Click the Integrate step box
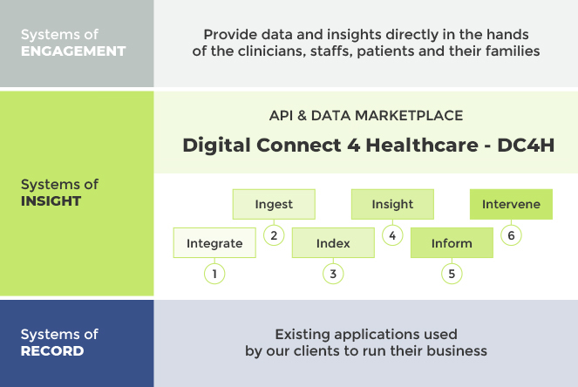point(214,243)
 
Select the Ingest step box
point(274,204)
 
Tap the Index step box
point(333,243)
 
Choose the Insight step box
point(392,204)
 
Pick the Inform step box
point(452,243)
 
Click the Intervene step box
point(511,204)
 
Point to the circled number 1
point(214,274)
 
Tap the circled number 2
point(274,235)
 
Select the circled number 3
point(333,274)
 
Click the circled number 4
point(392,235)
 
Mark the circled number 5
point(452,274)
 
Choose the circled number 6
point(511,235)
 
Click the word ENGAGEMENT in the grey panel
point(73,51)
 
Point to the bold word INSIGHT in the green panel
point(51,201)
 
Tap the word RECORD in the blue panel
point(52,351)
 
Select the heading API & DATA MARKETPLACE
point(366,115)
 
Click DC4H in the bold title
point(526,145)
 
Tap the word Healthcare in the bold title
point(422,145)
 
